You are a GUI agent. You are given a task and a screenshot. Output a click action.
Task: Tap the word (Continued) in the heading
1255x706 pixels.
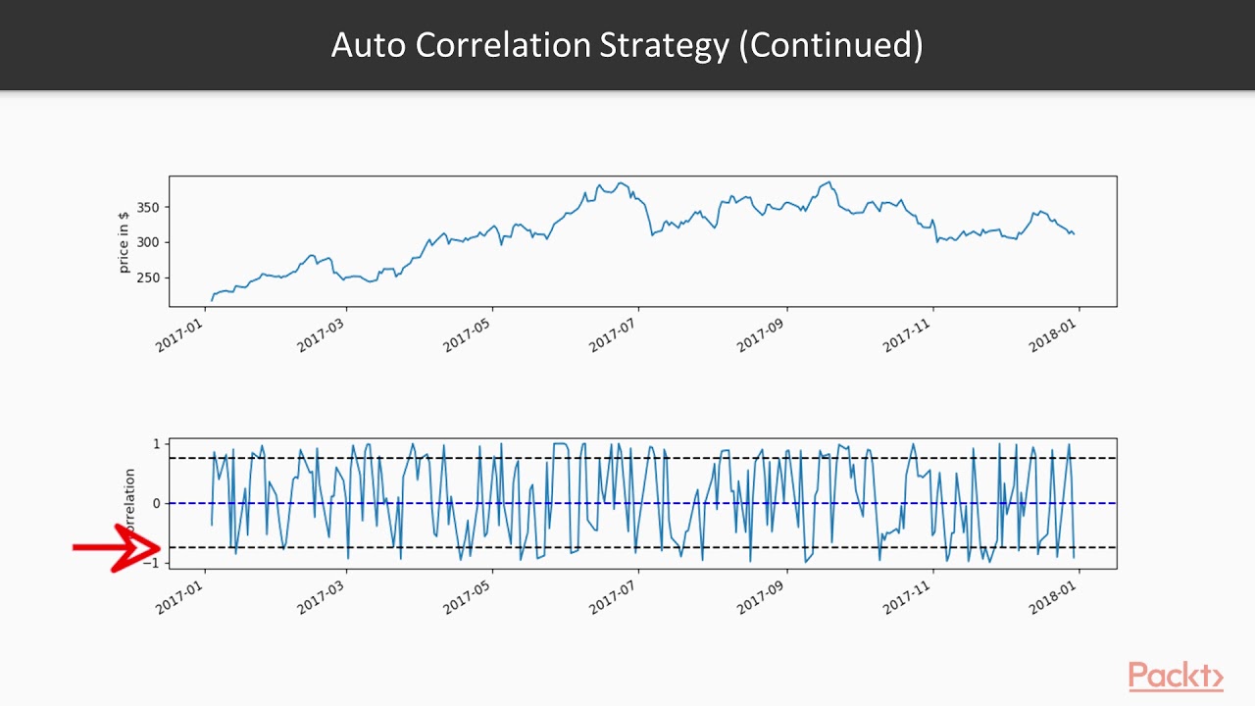click(830, 45)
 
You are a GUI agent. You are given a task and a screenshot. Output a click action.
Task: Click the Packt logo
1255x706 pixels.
click(1175, 677)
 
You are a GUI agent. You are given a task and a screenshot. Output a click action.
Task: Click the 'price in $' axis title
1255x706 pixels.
click(124, 241)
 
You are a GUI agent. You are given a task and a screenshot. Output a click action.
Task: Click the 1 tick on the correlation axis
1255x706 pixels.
click(155, 444)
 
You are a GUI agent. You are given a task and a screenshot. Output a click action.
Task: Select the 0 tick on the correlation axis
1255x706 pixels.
click(155, 504)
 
